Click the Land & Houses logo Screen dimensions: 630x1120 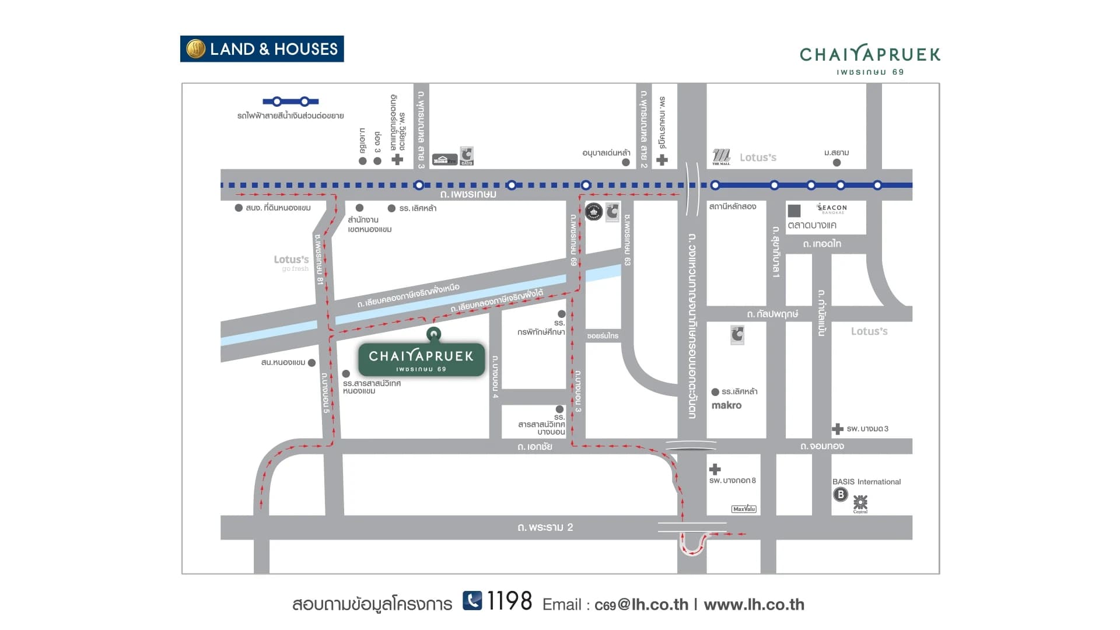262,49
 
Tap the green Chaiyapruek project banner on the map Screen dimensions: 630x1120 421,359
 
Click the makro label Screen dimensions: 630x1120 726,405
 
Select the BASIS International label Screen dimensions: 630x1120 866,482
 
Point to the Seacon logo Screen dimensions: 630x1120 832,208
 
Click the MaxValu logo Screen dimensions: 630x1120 744,509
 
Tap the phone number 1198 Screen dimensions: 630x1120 509,601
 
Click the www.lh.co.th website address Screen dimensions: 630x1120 754,605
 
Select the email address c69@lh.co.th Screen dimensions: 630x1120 641,605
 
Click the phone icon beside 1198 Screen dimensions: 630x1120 473,600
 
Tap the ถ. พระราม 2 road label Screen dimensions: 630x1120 545,527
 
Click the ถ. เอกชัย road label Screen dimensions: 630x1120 534,447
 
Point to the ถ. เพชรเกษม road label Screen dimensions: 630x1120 468,194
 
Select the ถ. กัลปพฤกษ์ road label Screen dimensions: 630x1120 772,314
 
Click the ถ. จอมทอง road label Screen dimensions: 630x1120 822,446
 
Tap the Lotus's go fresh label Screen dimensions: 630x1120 292,262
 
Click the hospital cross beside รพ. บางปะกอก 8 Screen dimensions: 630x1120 715,469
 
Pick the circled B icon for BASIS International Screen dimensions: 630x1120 840,495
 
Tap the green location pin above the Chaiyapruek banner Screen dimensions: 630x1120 433,334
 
